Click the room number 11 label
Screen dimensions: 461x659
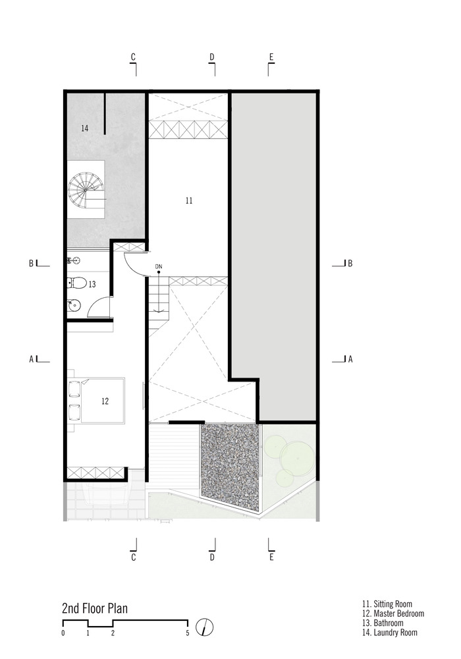pos(189,200)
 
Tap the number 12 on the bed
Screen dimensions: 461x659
pos(105,401)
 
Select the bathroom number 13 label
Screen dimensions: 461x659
pos(92,284)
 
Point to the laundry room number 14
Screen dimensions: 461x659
pos(85,128)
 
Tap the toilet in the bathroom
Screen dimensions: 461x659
pos(77,283)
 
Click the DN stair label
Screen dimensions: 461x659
pos(158,266)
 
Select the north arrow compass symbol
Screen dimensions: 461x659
pos(204,627)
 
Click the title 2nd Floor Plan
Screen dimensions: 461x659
pos(95,608)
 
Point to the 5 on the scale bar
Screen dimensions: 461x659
pos(188,633)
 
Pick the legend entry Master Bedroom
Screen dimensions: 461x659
pos(393,614)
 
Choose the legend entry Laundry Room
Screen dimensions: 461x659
pos(390,632)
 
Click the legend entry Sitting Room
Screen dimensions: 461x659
pos(387,604)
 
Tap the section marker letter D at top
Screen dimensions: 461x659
pos(212,57)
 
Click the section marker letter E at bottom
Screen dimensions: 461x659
pos(271,558)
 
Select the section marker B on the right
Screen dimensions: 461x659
pos(350,264)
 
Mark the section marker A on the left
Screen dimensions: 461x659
pos(31,359)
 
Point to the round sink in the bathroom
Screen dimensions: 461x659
pos(74,305)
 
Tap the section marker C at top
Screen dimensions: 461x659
pos(133,57)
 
